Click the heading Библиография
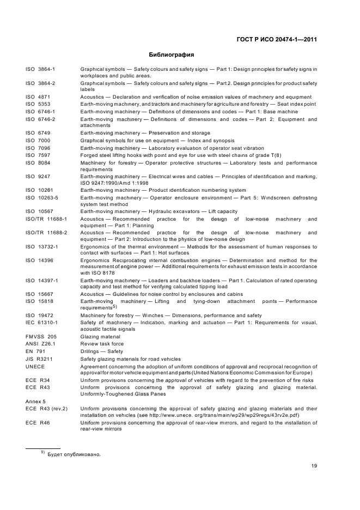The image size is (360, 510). (172, 54)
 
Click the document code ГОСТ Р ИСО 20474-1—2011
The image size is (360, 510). (277, 39)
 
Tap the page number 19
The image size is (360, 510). (314, 465)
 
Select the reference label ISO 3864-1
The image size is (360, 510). (44, 69)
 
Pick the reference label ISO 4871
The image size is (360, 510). (38, 96)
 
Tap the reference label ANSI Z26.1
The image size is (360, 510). (40, 344)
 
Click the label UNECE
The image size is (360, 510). (35, 366)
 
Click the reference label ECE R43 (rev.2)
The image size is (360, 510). (46, 408)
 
